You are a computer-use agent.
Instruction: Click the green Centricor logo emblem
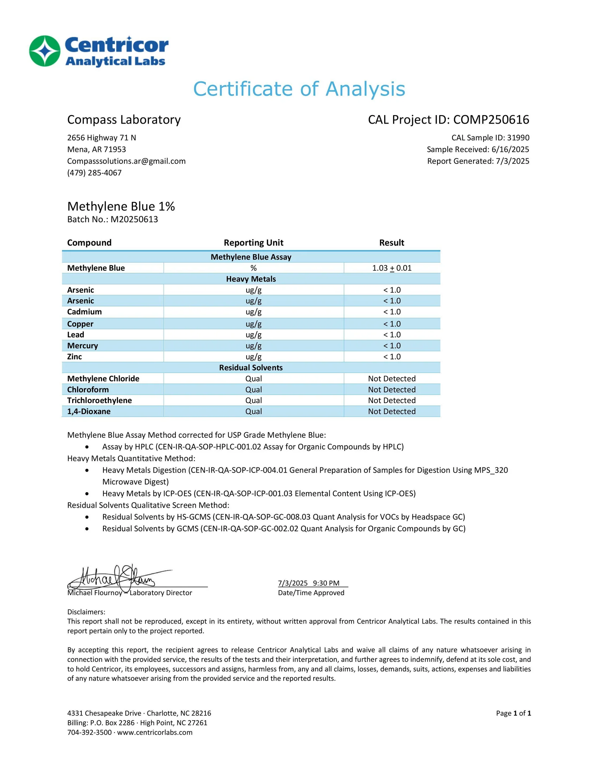(45, 51)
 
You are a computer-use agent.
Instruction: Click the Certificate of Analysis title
(299, 89)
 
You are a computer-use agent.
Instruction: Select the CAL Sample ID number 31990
(518, 138)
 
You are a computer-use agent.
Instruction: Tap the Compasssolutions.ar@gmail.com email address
(126, 161)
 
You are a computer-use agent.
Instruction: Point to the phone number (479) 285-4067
(94, 173)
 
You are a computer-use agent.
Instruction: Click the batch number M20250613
(134, 219)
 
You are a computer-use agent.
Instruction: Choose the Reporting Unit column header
(253, 243)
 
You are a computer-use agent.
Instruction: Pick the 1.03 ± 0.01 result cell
(392, 268)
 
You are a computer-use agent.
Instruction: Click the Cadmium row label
(84, 312)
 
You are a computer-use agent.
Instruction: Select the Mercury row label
(82, 346)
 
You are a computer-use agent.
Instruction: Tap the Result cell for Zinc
(392, 357)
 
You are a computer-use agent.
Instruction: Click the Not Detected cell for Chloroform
(392, 390)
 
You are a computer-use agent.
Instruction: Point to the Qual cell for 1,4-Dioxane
(253, 412)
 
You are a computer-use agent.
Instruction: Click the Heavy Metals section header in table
(251, 279)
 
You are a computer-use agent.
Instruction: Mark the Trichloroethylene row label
(99, 401)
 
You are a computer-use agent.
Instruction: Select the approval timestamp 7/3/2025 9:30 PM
(308, 583)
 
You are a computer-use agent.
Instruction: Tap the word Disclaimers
(86, 612)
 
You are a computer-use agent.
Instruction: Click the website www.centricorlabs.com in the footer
(155, 732)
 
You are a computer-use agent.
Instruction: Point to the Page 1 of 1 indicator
(513, 713)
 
